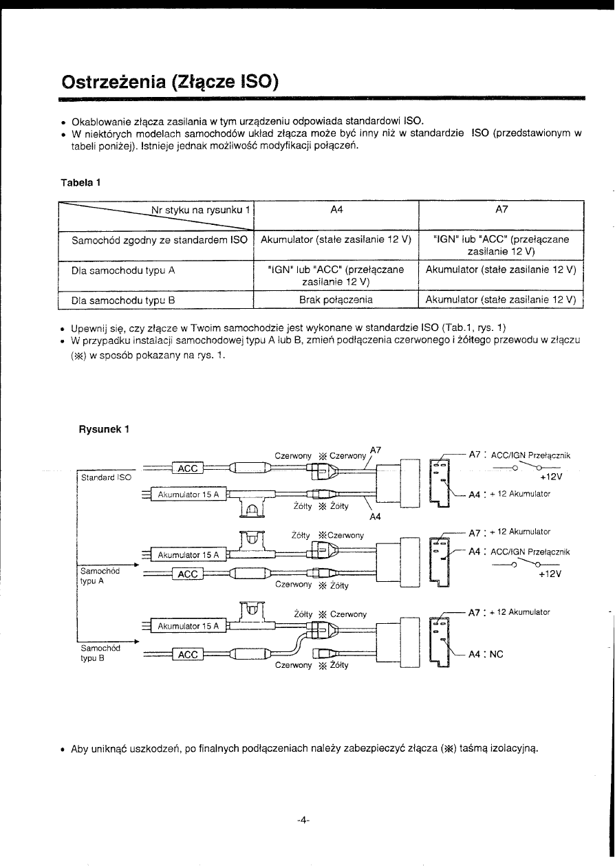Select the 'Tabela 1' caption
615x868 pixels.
pyautogui.click(x=83, y=182)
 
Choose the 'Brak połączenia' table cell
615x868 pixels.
pyautogui.click(x=336, y=300)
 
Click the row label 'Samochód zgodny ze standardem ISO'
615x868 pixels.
pyautogui.click(x=160, y=240)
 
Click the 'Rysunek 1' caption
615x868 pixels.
pyautogui.click(x=105, y=431)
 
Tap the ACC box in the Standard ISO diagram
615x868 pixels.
pyautogui.click(x=188, y=468)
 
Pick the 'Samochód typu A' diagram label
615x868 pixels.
pyautogui.click(x=100, y=575)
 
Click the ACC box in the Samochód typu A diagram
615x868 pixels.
pyautogui.click(x=188, y=574)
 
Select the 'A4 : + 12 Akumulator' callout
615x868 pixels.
pyautogui.click(x=509, y=494)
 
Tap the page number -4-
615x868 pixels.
pyautogui.click(x=303, y=820)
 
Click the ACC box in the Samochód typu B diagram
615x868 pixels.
pyautogui.click(x=188, y=655)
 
